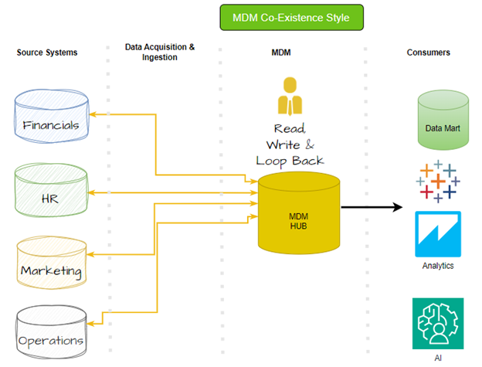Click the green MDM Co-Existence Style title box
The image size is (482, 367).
pyautogui.click(x=290, y=17)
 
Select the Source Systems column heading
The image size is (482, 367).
pyautogui.click(x=48, y=53)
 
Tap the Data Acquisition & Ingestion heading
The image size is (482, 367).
pyautogui.click(x=160, y=52)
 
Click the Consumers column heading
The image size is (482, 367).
pyautogui.click(x=429, y=53)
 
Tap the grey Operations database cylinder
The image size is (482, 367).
pyautogui.click(x=52, y=333)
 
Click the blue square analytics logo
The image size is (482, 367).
pyautogui.click(x=438, y=233)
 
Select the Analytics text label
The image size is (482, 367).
pyautogui.click(x=438, y=266)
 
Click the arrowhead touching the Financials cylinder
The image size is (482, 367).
pyautogui.click(x=91, y=114)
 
